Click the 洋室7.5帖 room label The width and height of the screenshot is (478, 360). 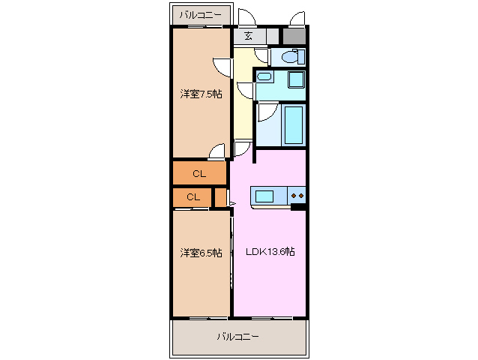point(200,94)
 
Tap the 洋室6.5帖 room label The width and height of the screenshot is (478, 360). point(200,253)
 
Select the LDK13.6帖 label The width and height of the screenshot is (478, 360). point(270,252)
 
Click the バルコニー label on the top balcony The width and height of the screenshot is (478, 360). point(200,14)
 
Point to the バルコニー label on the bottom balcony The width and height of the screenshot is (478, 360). point(238,337)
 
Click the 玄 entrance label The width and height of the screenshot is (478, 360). point(248,35)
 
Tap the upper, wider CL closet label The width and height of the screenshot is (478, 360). point(199,174)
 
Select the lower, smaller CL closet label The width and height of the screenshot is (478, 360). point(193,197)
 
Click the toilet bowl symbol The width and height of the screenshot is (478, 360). point(291,57)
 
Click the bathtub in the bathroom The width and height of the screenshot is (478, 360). point(293,125)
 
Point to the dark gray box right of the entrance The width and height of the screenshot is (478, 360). point(294,35)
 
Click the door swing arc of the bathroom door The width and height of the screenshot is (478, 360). point(265,112)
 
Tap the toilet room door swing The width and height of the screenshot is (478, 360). point(261,54)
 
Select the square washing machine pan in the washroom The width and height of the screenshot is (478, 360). point(295,81)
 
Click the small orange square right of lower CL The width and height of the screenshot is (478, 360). point(220,197)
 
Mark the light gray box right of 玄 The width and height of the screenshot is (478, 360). point(268,35)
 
